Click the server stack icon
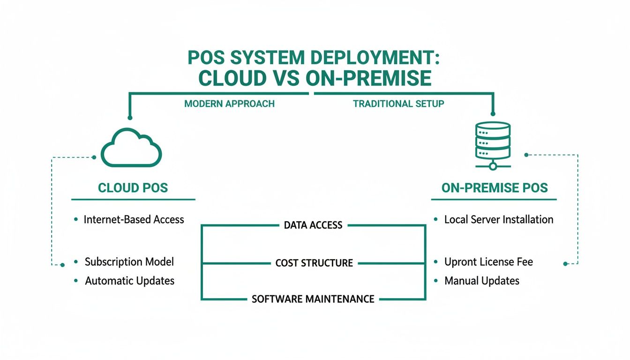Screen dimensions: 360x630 coord(492,141)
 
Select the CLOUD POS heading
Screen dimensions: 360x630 coord(133,188)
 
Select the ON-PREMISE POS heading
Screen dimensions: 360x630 coord(494,188)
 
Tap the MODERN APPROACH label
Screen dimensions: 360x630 coord(229,104)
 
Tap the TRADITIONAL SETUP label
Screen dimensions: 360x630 coord(398,104)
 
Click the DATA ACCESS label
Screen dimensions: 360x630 coord(313,225)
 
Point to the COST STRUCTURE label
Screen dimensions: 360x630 coord(314,263)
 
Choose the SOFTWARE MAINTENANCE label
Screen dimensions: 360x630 coord(313,299)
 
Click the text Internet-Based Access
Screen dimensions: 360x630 coord(134,219)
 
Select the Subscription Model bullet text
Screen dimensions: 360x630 coord(129,262)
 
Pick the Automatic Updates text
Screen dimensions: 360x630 coord(129,281)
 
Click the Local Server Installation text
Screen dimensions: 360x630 coord(498,219)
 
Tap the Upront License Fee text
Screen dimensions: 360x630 coord(488,262)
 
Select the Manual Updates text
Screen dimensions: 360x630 coord(481,281)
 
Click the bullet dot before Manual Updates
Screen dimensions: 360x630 coord(436,281)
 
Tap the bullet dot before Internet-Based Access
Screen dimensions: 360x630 coord(76,219)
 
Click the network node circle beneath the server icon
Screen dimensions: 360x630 coord(492,166)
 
